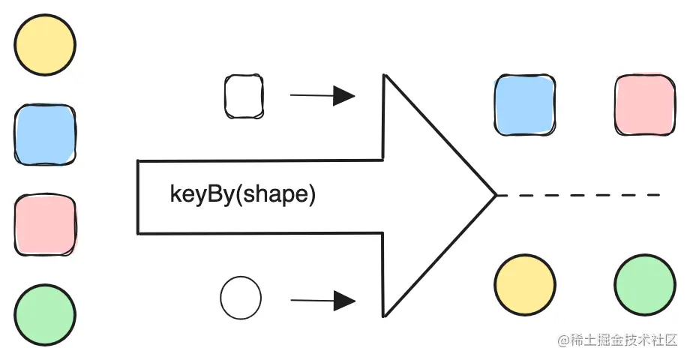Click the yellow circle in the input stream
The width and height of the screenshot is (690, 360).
point(45,46)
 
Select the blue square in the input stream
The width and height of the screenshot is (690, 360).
point(45,135)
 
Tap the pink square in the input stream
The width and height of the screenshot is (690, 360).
point(45,223)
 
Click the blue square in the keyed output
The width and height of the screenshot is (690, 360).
point(524,104)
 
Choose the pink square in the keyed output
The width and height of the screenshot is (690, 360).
point(644,104)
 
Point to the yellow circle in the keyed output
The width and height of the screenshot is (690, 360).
point(524,285)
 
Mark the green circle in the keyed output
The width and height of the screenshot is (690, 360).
point(644,285)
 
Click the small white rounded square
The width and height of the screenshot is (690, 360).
point(244,96)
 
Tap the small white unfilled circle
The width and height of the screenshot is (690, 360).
point(241,297)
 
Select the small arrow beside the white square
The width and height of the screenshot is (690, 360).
point(322,95)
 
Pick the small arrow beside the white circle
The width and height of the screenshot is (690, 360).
point(322,301)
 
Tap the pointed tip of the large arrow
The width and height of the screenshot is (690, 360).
point(495,196)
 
